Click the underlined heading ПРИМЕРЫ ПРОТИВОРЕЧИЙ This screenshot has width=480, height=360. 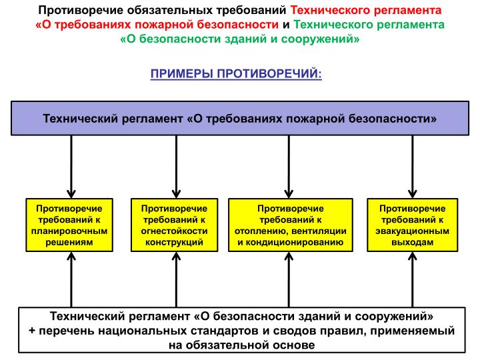click(x=236, y=74)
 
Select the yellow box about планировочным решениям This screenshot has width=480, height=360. click(x=69, y=225)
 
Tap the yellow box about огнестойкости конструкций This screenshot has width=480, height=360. click(x=175, y=225)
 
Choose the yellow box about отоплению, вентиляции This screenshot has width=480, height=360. click(x=291, y=225)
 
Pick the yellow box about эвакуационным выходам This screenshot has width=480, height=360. click(x=413, y=225)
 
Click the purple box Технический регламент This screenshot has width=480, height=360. click(x=240, y=118)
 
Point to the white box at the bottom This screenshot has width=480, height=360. click(x=242, y=330)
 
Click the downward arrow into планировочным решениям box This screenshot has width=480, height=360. click(x=71, y=167)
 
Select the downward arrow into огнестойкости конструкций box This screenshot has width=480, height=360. click(x=176, y=167)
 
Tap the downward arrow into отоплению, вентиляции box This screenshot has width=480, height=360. click(x=289, y=167)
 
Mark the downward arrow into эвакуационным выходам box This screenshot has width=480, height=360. click(x=413, y=167)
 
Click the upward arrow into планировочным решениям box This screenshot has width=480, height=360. click(x=71, y=279)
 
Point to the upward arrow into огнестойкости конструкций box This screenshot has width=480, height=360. click(x=176, y=279)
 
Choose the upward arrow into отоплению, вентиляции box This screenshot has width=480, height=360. click(x=289, y=279)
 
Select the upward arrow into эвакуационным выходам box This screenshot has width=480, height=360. click(x=413, y=279)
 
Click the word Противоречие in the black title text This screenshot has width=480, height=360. click(x=81, y=11)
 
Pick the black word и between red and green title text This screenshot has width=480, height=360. click(x=286, y=25)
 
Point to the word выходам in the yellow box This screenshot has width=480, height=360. click(x=413, y=242)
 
